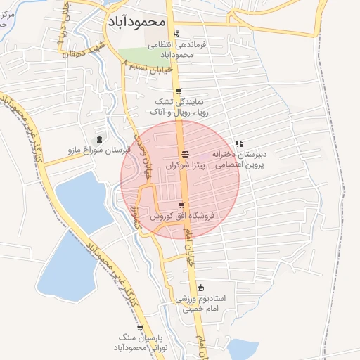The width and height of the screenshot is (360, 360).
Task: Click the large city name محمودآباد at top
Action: [137, 21]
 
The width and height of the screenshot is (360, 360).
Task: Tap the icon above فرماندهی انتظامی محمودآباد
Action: [176, 32]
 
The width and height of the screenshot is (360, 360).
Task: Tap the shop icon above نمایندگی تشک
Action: [179, 91]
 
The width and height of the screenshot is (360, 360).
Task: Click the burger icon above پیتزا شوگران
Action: [184, 155]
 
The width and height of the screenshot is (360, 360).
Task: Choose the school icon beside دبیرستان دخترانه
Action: [239, 143]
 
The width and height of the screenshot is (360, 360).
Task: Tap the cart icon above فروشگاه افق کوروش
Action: [181, 205]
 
